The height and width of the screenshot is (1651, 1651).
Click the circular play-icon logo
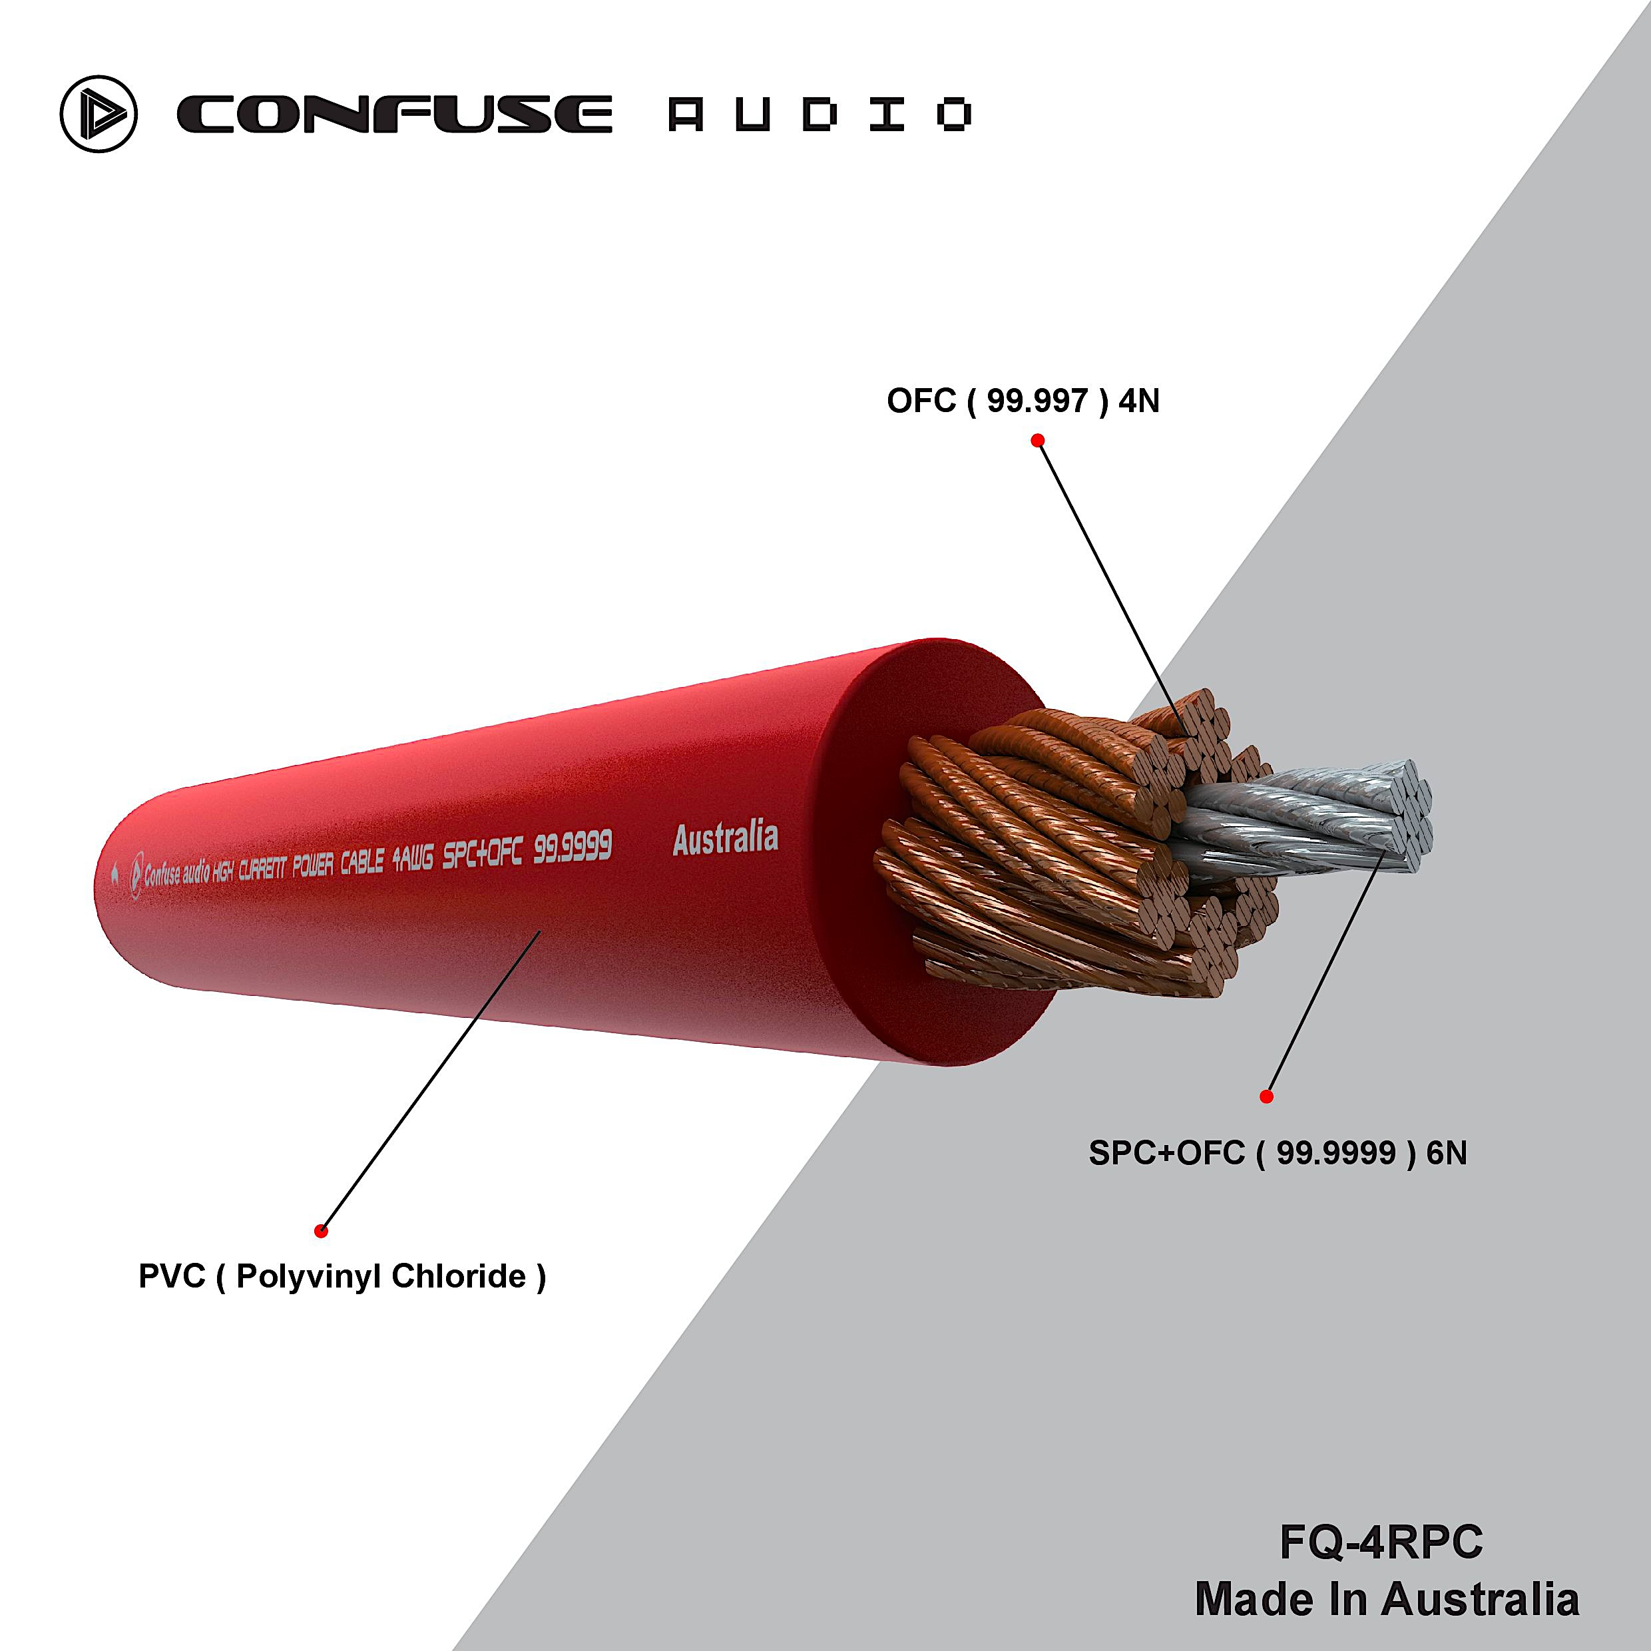tap(99, 115)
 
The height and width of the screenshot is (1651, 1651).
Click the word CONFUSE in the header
tap(394, 115)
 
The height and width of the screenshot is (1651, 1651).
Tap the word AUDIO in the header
tap(820, 115)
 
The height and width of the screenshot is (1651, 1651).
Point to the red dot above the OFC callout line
tap(1037, 440)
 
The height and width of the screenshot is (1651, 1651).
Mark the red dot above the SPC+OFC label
tap(1266, 1096)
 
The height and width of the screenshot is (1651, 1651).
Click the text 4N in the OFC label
tap(1138, 401)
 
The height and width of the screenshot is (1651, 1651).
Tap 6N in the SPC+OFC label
tap(1447, 1154)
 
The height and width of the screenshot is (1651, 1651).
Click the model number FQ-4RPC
tap(1381, 1543)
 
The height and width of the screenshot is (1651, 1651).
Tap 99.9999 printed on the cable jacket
tap(573, 847)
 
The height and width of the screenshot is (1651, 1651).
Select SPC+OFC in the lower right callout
tap(1166, 1154)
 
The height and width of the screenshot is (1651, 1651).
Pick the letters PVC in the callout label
tap(172, 1277)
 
